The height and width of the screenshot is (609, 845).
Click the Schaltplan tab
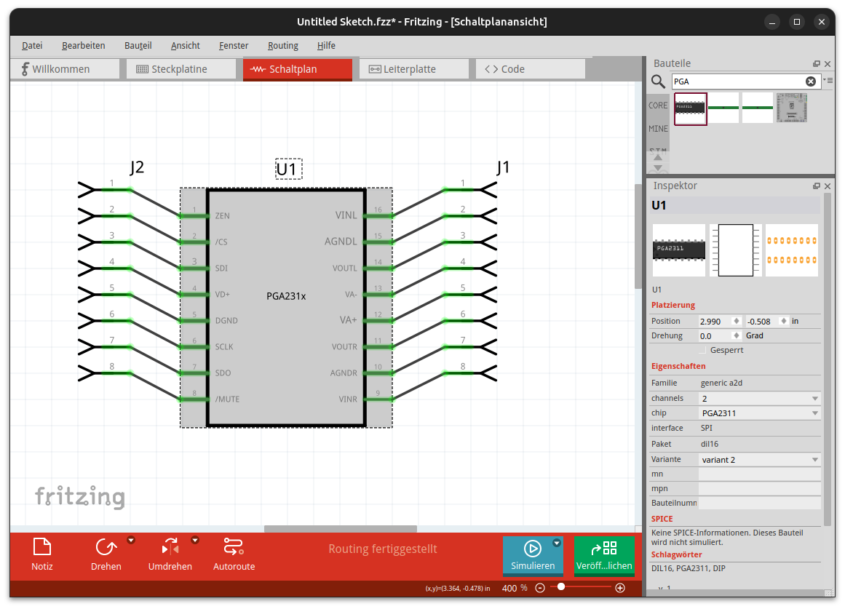tap(298, 69)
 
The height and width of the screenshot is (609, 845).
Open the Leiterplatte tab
tap(414, 69)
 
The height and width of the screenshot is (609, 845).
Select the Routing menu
tap(283, 46)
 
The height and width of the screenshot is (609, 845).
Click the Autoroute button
tap(234, 554)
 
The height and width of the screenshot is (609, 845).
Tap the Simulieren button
tap(533, 554)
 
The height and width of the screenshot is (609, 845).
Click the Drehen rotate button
tap(106, 554)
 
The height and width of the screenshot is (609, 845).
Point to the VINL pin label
tap(346, 215)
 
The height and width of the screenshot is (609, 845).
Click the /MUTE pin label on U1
tap(227, 399)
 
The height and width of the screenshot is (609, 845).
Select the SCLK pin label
tap(224, 347)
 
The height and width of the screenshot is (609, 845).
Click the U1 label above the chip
tap(289, 170)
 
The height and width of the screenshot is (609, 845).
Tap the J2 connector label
tap(137, 167)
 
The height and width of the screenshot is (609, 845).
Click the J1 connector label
tap(504, 167)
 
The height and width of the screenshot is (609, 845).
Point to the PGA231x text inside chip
tap(286, 296)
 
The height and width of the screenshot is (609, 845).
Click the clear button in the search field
tap(811, 81)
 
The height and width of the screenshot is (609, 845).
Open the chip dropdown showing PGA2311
tap(760, 413)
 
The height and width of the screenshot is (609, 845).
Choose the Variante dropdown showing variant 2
tap(760, 460)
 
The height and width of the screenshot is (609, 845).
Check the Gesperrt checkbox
tap(702, 350)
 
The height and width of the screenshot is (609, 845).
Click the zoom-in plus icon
tap(620, 588)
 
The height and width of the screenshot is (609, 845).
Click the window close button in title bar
tap(821, 22)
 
